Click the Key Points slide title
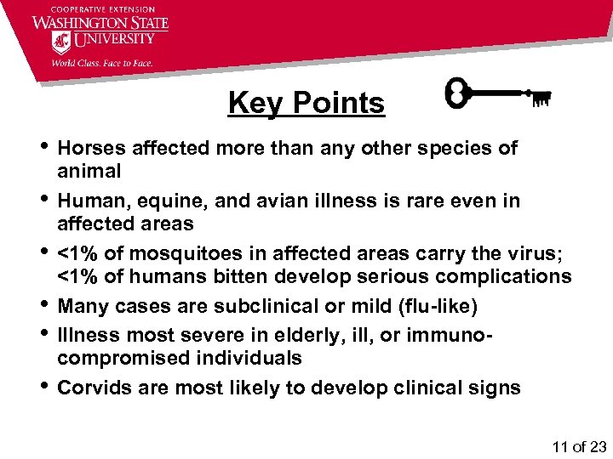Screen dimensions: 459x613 (306, 104)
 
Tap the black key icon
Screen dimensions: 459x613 (499, 95)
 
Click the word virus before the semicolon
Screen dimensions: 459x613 (527, 253)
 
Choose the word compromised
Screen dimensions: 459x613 (120, 359)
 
